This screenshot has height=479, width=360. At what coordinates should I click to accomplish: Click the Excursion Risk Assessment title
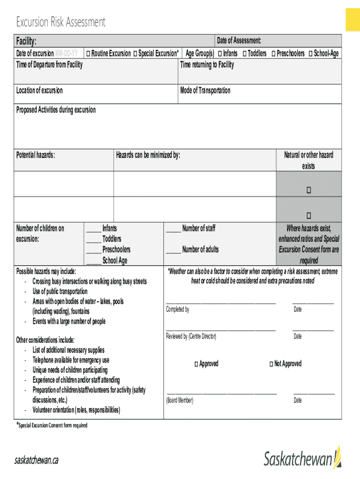point(61,22)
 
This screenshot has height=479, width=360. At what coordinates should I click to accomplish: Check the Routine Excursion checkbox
point(88,54)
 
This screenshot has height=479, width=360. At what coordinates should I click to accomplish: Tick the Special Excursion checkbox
point(135,54)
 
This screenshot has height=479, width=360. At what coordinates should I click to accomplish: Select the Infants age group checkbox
point(219,54)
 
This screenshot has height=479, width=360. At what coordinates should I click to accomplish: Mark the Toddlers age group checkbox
point(245,54)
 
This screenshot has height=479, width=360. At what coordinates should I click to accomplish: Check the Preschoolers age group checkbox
point(274,54)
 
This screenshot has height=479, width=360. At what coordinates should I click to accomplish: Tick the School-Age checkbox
point(311,54)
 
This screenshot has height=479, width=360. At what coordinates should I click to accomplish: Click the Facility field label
point(26,41)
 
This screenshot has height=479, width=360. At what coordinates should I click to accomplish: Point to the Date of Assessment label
point(239,41)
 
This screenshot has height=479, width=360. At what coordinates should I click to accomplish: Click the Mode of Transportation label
point(205,90)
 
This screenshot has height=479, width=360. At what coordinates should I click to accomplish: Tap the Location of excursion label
point(39,90)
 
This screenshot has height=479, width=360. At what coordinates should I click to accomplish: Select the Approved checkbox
point(196,364)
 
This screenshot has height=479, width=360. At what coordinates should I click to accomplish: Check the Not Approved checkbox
point(271,364)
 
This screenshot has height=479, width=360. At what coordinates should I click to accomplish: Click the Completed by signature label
point(178,310)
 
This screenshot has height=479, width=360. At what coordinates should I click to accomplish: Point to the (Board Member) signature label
point(180,400)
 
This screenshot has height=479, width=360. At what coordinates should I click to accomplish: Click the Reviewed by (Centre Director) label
point(191,336)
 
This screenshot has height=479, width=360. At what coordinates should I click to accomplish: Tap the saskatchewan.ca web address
point(36,460)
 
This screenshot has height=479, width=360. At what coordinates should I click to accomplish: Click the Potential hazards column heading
point(36,155)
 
